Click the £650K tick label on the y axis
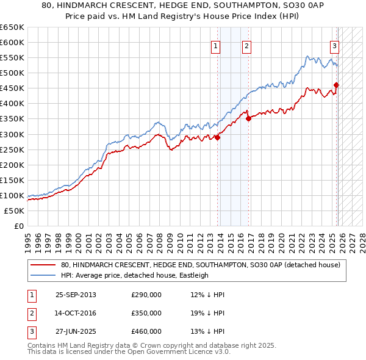click(12, 27)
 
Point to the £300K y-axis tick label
click(12, 134)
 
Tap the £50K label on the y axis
click(14, 211)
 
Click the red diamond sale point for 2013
click(218, 137)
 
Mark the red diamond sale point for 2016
click(248, 119)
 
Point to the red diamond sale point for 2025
click(337, 85)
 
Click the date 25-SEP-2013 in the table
click(76, 295)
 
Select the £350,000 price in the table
click(146, 313)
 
